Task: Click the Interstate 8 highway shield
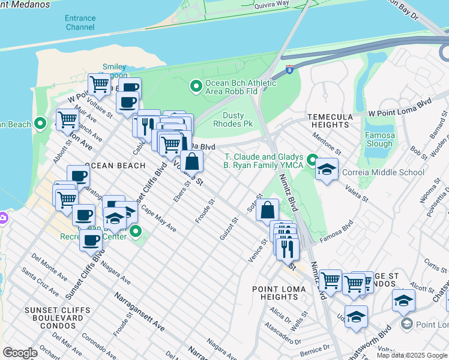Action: (x=290, y=70)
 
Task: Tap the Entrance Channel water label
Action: (x=80, y=23)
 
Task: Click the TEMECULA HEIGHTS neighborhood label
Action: (x=333, y=122)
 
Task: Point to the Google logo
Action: (x=20, y=353)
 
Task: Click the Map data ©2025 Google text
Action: (x=412, y=355)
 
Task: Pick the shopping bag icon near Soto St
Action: (x=267, y=211)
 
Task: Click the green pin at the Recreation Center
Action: (x=136, y=232)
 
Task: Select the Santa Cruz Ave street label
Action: (x=41, y=281)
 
